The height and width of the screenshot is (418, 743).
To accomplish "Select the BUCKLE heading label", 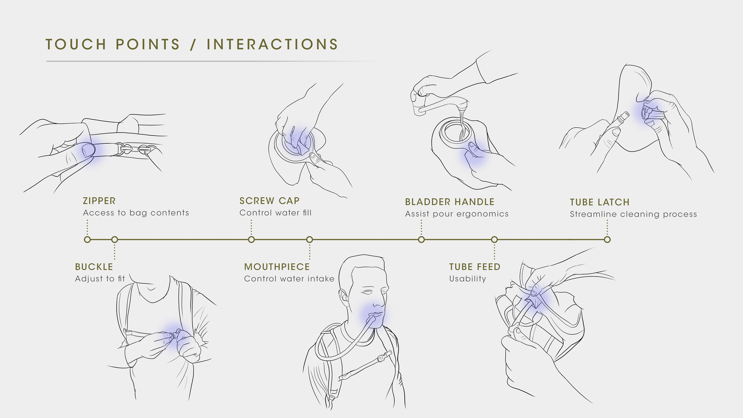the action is coord(94,267).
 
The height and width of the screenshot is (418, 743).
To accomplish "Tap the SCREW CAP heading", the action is coord(269,201).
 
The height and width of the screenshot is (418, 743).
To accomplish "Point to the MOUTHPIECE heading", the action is coord(277,267).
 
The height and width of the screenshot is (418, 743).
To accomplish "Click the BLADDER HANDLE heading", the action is coord(450,202).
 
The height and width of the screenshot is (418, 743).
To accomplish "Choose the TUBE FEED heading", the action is coord(475,267).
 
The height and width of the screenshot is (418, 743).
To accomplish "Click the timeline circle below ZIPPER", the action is coord(87,239).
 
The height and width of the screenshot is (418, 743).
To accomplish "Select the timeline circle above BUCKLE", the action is coord(115,239).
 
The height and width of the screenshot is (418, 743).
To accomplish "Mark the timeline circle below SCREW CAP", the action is coord(251,239).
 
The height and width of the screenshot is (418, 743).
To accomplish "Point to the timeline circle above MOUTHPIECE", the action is coord(310,239).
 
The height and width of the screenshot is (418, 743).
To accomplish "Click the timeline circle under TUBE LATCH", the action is coord(607,239).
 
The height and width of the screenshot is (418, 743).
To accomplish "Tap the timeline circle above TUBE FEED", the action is coord(494,239).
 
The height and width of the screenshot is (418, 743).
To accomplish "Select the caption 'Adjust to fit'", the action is coord(100,279).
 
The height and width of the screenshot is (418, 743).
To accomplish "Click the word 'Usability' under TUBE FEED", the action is coord(467,279).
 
